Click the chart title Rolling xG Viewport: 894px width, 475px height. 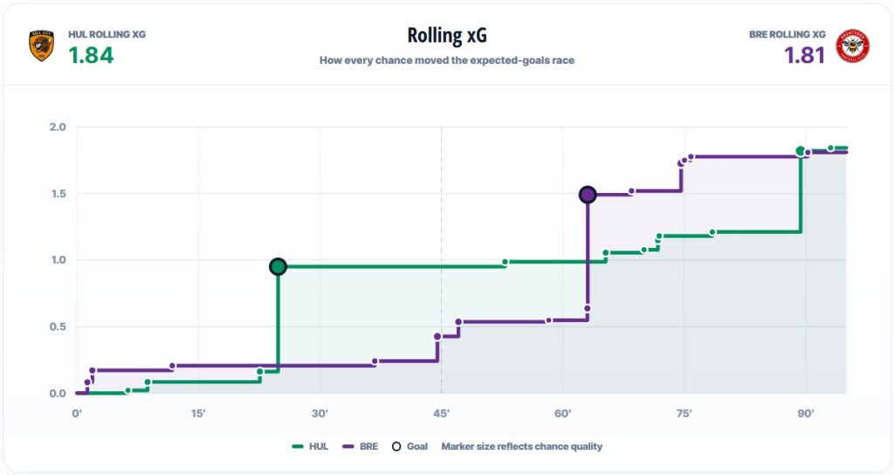447,35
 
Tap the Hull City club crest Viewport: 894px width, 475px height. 42,45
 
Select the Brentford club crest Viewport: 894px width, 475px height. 852,45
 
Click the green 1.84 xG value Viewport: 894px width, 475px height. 91,55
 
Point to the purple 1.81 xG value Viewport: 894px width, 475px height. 804,55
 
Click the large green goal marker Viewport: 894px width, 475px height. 278,266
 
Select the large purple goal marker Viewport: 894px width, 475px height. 588,195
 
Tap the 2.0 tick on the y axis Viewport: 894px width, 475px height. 58,127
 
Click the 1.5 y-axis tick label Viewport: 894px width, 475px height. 58,194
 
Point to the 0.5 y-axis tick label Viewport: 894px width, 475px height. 58,327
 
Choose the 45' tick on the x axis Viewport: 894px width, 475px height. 441,413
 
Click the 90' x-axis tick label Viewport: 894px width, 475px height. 806,413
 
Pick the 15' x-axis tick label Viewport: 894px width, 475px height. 198,413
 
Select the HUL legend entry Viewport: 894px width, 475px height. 310,446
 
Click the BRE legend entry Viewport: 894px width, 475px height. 361,446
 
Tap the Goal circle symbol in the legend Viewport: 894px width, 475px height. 396,446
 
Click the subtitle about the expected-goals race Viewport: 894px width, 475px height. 447,60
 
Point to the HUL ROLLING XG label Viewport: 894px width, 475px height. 107,34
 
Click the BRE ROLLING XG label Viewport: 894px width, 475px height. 787,34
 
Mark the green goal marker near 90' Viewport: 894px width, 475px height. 801,151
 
